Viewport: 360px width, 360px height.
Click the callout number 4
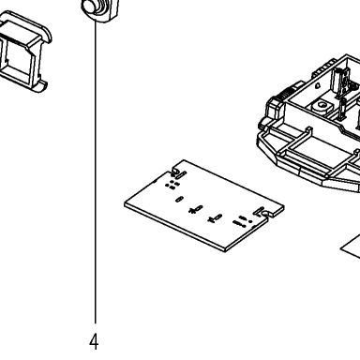(x=94, y=342)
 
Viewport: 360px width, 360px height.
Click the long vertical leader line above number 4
(x=96, y=172)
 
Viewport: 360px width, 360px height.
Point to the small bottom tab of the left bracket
(x=39, y=86)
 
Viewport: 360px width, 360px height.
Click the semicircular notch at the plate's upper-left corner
(x=176, y=171)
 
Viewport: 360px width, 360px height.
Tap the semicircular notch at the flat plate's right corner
(x=266, y=214)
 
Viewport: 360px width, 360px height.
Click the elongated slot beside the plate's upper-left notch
(x=181, y=174)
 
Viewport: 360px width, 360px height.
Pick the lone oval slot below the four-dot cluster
(x=179, y=199)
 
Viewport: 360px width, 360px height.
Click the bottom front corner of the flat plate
(x=226, y=250)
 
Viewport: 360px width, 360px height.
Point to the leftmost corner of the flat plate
(x=125, y=203)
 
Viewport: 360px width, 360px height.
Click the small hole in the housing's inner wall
(x=318, y=85)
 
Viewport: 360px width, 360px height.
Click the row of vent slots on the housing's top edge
(x=323, y=67)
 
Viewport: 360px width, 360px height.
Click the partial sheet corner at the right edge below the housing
(x=352, y=247)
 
